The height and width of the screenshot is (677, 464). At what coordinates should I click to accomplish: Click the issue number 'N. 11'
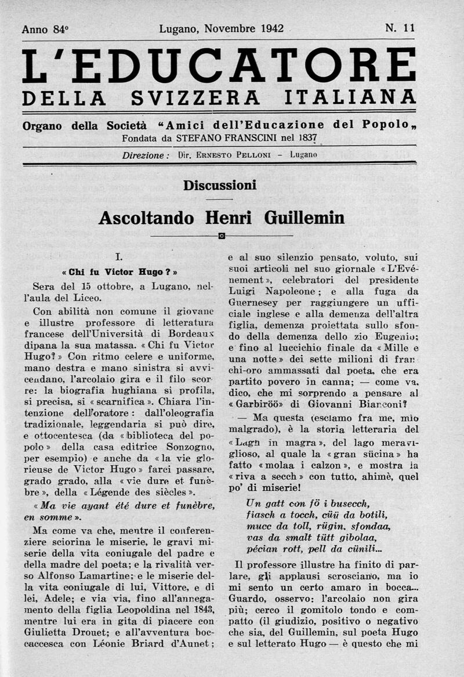(x=400, y=27)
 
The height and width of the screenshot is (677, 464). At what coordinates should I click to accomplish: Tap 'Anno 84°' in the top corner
(x=45, y=29)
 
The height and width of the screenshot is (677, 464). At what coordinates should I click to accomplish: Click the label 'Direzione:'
(x=146, y=155)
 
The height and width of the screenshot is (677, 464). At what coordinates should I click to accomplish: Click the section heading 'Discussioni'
(x=219, y=186)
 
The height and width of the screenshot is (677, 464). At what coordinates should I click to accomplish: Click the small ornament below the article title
(x=222, y=236)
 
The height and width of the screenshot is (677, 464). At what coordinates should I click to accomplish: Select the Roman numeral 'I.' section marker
(x=117, y=255)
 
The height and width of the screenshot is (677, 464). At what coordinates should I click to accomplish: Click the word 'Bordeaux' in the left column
(x=188, y=334)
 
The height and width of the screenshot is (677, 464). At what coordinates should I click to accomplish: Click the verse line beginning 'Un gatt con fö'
(x=308, y=503)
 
